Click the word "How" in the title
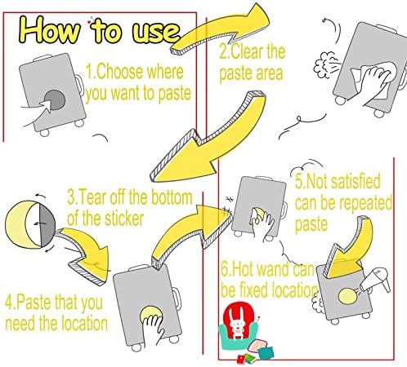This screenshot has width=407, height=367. (x=51, y=29)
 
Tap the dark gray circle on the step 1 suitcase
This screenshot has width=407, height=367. (x=55, y=99)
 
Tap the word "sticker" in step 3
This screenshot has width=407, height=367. (x=124, y=219)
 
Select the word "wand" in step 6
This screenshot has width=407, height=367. (x=273, y=269)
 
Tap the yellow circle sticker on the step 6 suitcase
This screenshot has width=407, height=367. (x=347, y=296)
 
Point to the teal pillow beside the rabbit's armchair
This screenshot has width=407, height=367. (x=266, y=353)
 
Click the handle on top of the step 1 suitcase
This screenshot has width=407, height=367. (x=42, y=58)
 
